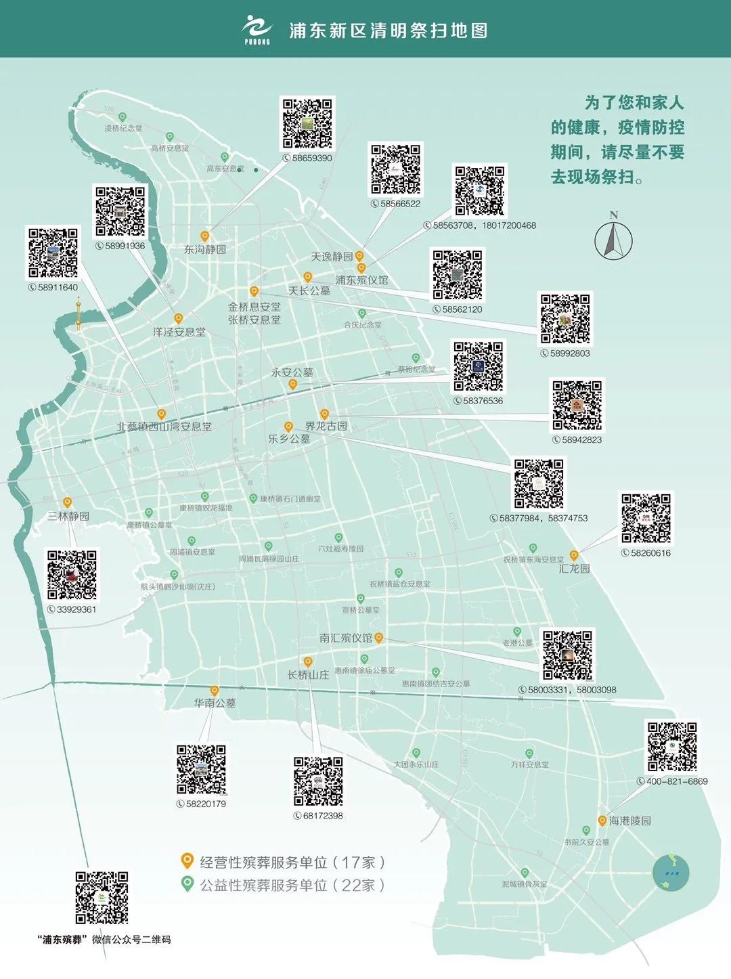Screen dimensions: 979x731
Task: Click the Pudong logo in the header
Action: pos(257,30)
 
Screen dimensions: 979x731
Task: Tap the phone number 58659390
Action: pos(312,158)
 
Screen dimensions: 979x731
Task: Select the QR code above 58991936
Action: pos(120,211)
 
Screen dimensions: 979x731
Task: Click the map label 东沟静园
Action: pos(205,249)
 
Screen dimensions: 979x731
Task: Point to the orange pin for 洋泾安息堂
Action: pos(179,318)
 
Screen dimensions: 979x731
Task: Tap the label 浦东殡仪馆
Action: pos(362,280)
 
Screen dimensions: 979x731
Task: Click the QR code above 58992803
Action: pos(565,319)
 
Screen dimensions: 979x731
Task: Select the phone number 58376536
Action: pos(483,401)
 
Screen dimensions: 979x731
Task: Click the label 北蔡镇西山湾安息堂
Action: pos(164,427)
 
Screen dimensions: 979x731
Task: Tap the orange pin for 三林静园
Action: pos(68,502)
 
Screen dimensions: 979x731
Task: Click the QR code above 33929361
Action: pos(72,575)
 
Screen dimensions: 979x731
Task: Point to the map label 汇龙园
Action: pos(574,569)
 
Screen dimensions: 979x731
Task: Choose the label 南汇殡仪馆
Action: pos(346,638)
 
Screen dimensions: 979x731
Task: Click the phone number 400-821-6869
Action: pos(677,781)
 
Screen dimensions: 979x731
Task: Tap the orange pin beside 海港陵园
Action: pos(602,821)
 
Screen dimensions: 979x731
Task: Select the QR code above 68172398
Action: pos(318,781)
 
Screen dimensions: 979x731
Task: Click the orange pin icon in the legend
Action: pos(187,861)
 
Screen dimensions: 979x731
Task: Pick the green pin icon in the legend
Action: pos(187,884)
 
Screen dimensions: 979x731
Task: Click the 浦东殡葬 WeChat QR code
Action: pos(102,898)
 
